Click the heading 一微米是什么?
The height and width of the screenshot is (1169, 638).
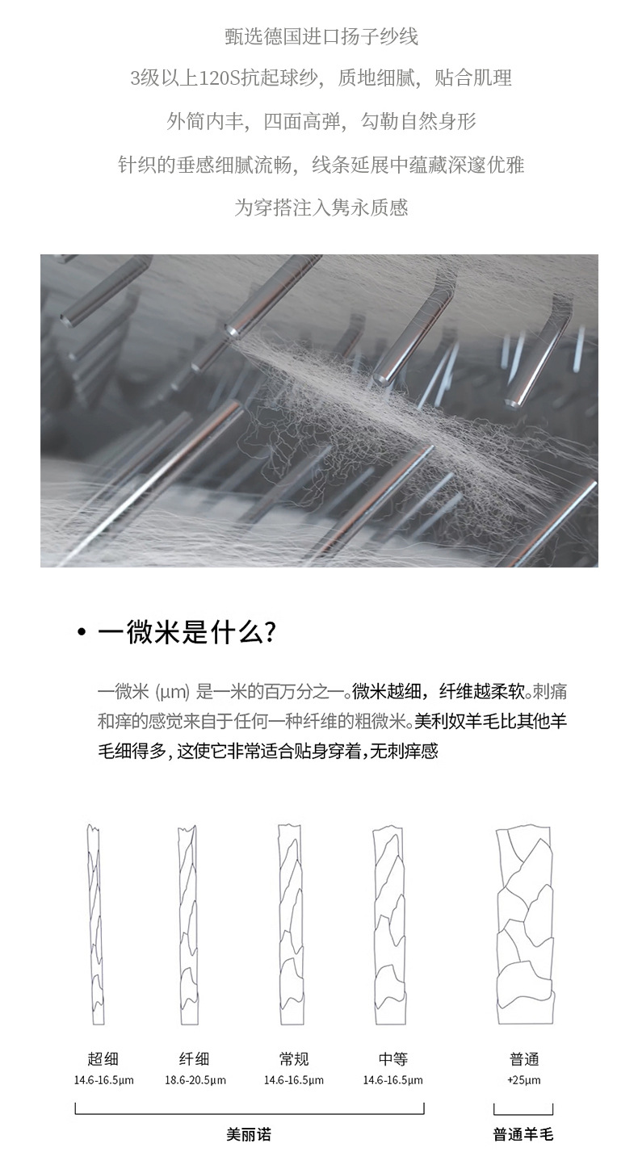click(x=187, y=632)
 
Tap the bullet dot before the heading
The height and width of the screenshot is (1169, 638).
click(x=81, y=633)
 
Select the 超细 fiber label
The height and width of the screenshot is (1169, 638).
click(x=103, y=1059)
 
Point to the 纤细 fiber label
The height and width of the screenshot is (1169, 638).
click(x=195, y=1059)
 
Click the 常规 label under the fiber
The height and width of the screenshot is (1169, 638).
click(x=293, y=1059)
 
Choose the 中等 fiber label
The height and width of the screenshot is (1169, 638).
click(x=392, y=1059)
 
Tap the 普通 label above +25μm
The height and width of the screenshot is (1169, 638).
click(x=524, y=1059)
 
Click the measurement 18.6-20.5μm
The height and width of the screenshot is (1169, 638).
click(x=195, y=1080)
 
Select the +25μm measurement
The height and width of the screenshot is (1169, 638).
click(x=524, y=1080)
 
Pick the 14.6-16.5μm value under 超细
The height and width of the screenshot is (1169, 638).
click(x=103, y=1080)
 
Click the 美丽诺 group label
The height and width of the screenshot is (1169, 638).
click(x=249, y=1134)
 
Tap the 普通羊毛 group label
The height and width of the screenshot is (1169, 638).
click(x=523, y=1134)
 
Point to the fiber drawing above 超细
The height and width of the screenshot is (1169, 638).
click(x=96, y=924)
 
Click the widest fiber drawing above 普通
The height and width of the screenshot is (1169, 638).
click(x=525, y=924)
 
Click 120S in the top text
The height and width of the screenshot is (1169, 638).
click(x=208, y=78)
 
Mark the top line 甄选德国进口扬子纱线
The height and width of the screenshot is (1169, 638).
click(x=321, y=36)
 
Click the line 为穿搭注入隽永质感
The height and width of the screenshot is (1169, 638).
click(x=321, y=207)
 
